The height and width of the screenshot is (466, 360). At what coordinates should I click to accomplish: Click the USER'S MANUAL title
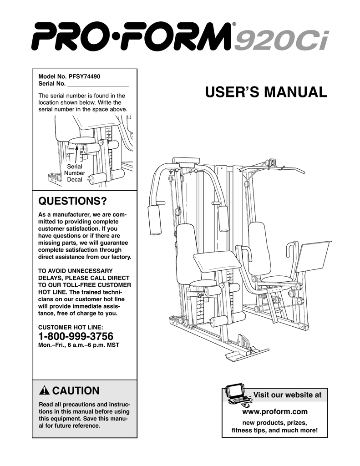[x=266, y=92]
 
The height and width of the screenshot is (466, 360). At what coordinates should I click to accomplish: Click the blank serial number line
[x=97, y=84]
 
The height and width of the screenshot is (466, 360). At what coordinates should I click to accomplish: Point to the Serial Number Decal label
[x=75, y=173]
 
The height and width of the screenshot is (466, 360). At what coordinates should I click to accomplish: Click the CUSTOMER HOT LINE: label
[x=71, y=327]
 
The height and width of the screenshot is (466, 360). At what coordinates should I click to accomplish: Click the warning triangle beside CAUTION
[x=44, y=391]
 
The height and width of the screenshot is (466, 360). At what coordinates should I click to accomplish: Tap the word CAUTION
[x=76, y=391]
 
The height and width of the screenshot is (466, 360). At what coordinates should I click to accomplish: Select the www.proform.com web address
[x=275, y=412]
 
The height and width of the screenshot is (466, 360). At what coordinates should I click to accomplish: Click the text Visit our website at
[x=287, y=395]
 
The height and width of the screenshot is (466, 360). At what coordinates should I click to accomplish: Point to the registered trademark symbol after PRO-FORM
[x=234, y=25]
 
